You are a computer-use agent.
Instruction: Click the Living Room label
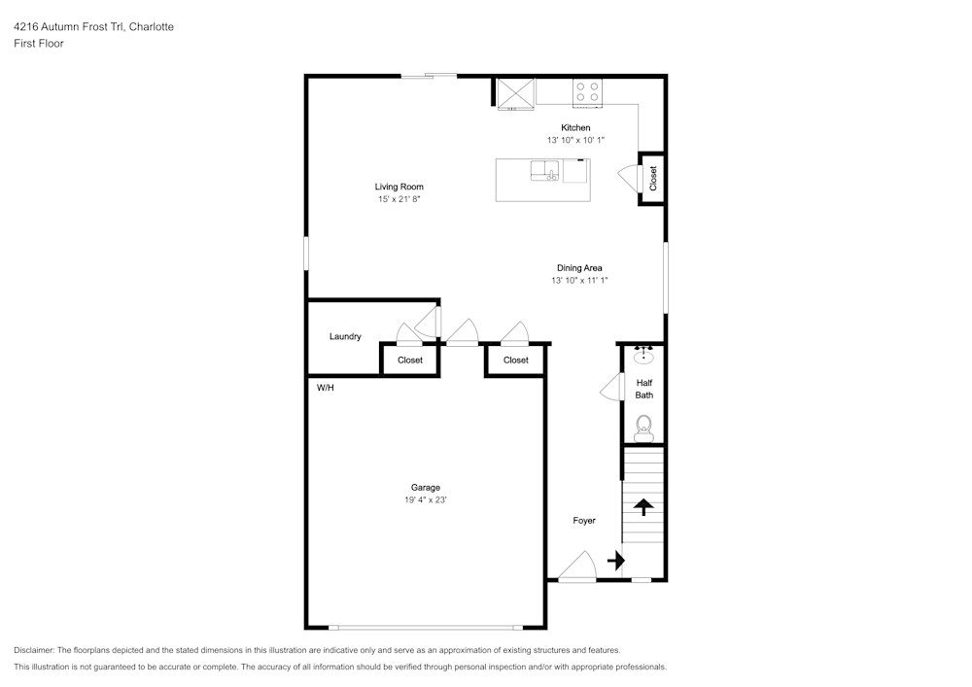(x=399, y=187)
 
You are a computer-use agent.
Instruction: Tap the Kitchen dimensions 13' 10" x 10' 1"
(x=575, y=140)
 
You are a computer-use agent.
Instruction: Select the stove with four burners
(x=587, y=92)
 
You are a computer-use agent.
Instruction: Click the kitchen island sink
(x=545, y=171)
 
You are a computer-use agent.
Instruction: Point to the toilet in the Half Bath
(x=644, y=429)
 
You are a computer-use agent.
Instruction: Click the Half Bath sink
(x=643, y=356)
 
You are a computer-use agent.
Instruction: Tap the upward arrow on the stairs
(x=643, y=506)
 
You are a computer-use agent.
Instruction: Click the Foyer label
(x=584, y=521)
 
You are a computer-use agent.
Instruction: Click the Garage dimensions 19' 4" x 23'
(x=426, y=499)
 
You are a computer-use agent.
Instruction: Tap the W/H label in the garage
(x=326, y=388)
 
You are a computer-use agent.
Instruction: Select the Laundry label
(x=345, y=336)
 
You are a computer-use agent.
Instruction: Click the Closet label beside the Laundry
(x=410, y=360)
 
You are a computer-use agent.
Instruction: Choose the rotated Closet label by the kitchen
(x=653, y=179)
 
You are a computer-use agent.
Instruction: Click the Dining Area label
(x=579, y=267)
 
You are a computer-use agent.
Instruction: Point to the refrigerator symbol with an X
(x=516, y=93)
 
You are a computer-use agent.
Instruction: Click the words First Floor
(x=39, y=44)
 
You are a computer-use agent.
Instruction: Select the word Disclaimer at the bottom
(x=33, y=650)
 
